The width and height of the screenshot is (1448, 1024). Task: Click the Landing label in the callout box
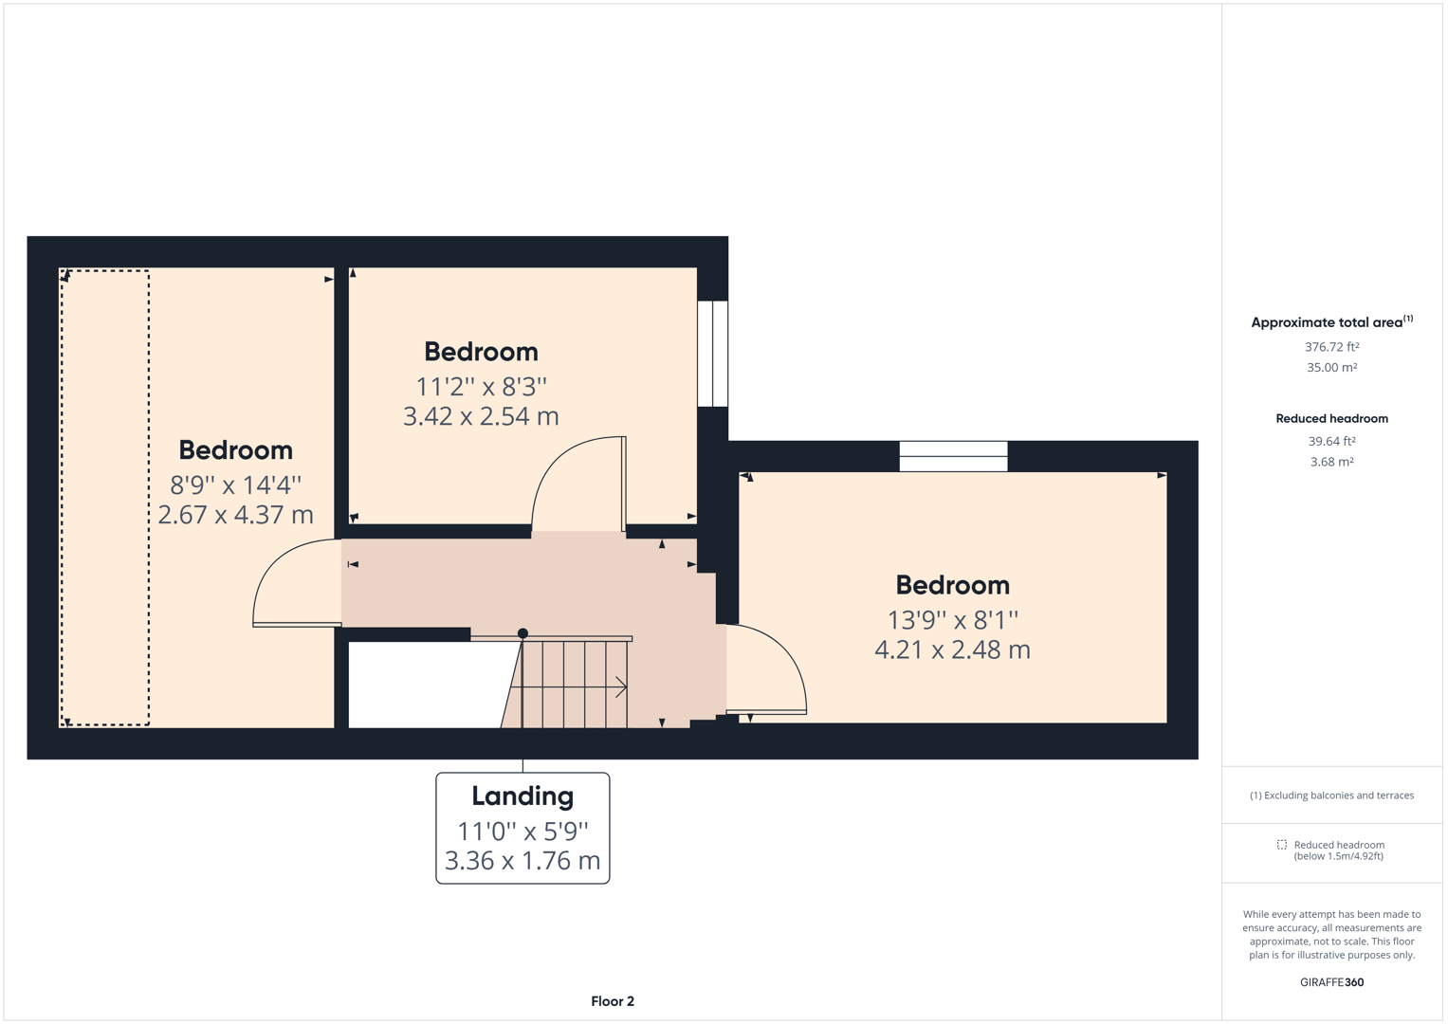tap(522, 795)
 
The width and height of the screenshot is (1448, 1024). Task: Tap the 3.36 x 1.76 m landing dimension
tap(522, 861)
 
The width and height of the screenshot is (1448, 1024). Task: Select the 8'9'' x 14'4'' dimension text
tap(235, 485)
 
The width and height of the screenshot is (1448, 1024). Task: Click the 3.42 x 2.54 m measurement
tap(481, 416)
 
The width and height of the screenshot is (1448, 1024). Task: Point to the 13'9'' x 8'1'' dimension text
tap(952, 620)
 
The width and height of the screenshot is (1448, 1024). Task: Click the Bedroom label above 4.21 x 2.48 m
tap(952, 585)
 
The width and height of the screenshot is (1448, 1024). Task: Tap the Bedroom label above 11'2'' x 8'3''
tap(481, 352)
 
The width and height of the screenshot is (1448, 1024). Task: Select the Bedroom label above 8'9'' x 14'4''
tap(235, 450)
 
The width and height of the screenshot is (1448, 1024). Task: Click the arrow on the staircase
tap(620, 686)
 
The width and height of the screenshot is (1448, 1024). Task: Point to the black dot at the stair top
tap(522, 633)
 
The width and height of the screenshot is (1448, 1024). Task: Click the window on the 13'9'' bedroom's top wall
tap(953, 456)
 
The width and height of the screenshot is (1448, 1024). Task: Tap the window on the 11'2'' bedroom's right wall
tap(712, 354)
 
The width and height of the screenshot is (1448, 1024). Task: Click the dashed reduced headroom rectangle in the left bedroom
tap(105, 498)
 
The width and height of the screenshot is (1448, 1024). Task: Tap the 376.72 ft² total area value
tap(1331, 347)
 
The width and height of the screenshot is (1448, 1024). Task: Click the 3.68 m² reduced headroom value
tap(1331, 462)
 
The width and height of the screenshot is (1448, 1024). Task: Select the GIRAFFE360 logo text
tap(1331, 982)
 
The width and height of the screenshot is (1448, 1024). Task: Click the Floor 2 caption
tap(613, 1001)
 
